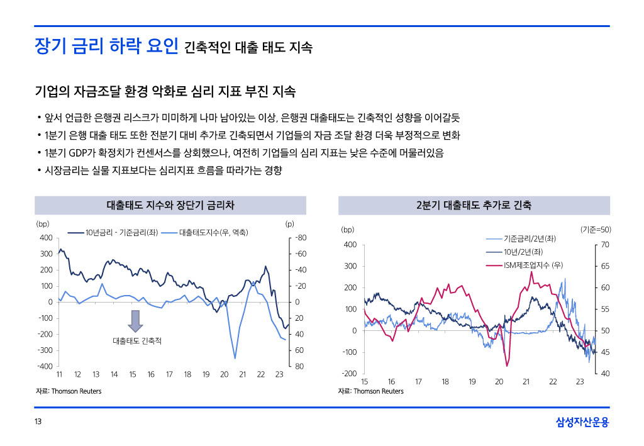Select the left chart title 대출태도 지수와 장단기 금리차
pos(170,206)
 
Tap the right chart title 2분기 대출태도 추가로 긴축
pos(474,206)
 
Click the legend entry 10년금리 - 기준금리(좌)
pos(121,233)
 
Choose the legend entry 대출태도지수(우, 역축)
pos(213,233)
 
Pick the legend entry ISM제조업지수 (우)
pos(533,265)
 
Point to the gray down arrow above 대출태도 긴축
pos(135,320)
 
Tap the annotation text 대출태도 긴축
pos(137,341)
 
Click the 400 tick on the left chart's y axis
pos(46,238)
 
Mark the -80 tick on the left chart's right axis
pos(300,238)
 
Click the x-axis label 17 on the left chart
pos(169,374)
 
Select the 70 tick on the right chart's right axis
pos(606,245)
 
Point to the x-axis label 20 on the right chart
pos(499,382)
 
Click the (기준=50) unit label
pos(595,230)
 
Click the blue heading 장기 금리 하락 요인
pos(106,47)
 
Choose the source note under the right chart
pos(370,391)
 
